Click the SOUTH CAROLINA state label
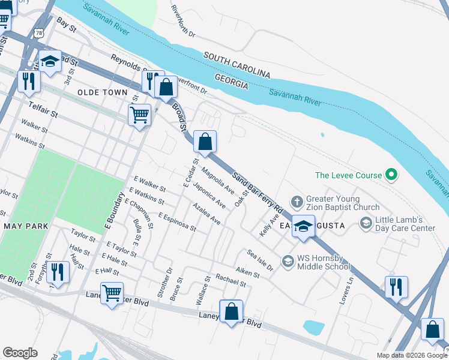coord(237,65)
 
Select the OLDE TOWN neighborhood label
coord(103,92)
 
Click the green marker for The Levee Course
coord(391,175)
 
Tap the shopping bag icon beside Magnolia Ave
coord(205,142)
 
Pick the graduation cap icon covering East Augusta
coord(304,226)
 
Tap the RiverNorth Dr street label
coord(183,22)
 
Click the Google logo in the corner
coord(20,353)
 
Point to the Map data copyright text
coord(411,355)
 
